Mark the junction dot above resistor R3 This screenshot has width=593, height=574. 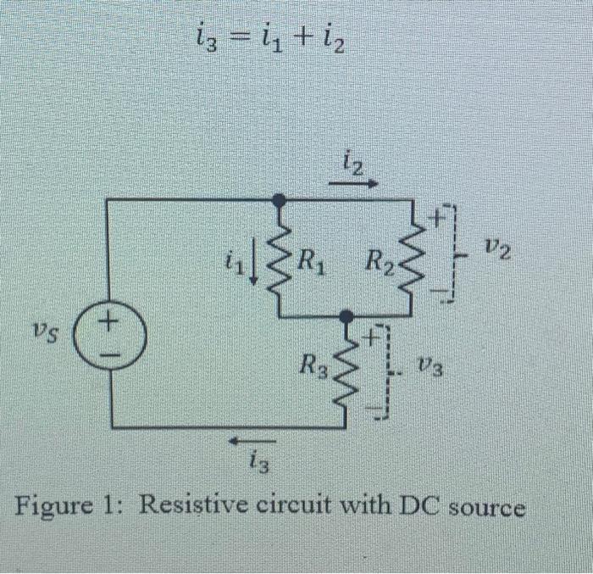pos(346,316)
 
